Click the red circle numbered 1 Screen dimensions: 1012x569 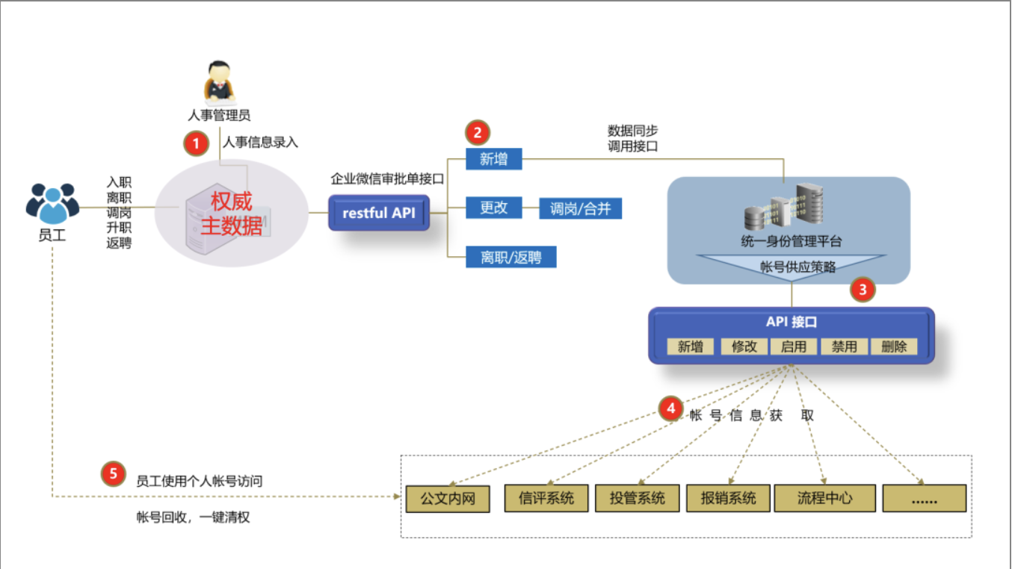196,143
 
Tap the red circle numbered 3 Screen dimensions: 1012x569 863,290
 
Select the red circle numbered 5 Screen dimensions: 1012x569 113,473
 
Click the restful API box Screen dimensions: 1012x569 379,213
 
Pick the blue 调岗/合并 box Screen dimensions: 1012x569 580,208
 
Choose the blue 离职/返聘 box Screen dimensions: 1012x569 511,257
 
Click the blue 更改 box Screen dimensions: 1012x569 494,208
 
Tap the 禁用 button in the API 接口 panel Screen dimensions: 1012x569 844,346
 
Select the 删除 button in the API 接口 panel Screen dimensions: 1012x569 894,346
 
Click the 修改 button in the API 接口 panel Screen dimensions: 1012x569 744,346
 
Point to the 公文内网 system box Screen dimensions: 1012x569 448,499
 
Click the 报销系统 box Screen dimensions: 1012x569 728,498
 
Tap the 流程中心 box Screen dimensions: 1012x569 824,498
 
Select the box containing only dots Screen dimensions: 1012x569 925,498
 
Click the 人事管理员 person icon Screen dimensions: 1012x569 219,81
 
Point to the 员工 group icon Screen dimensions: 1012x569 52,204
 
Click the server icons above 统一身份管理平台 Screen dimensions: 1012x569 783,206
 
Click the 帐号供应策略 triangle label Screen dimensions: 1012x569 797,267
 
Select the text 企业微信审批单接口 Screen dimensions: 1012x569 387,179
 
